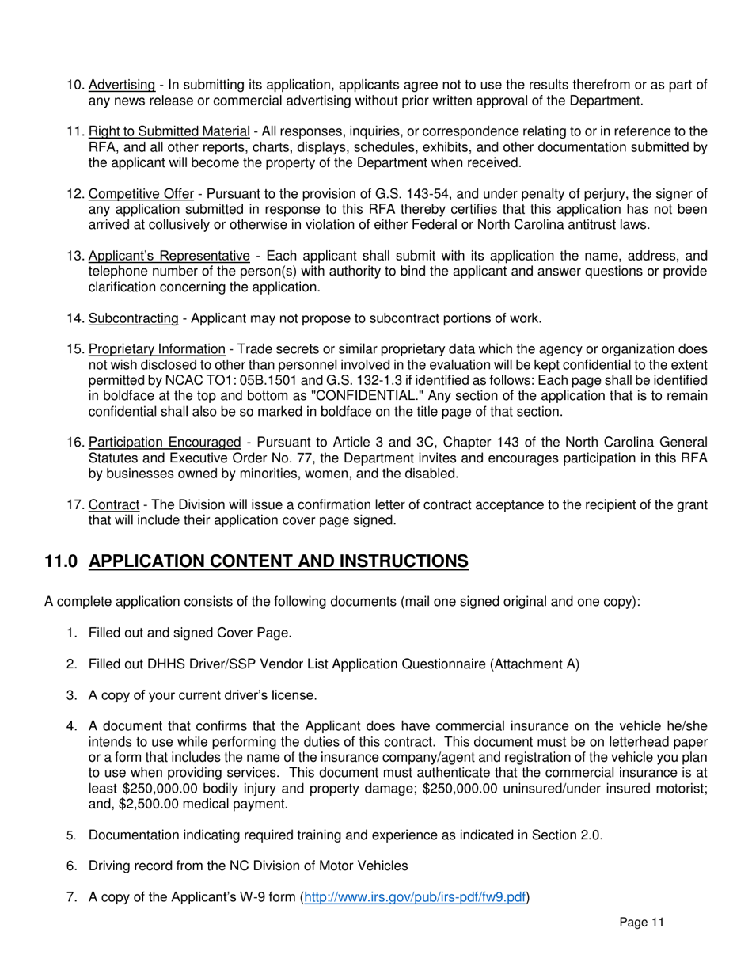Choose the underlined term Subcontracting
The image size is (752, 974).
[133, 318]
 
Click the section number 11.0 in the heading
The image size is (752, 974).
[60, 561]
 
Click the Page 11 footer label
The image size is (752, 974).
[642, 923]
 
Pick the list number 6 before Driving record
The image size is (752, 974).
[70, 866]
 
